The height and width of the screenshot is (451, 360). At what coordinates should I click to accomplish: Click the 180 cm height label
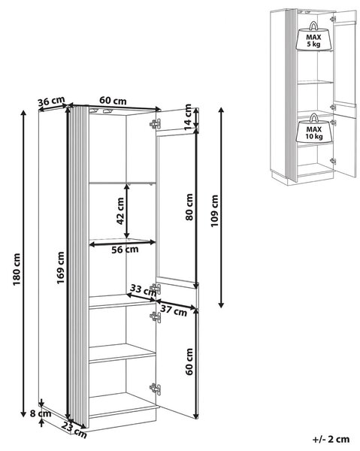(17, 270)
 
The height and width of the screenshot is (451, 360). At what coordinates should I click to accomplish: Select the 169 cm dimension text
(60, 268)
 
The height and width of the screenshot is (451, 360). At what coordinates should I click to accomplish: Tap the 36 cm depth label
(51, 101)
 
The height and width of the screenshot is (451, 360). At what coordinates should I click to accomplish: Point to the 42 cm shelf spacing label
(120, 210)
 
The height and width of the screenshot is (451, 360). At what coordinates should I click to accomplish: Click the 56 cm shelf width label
(125, 250)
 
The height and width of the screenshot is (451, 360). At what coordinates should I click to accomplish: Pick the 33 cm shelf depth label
(143, 290)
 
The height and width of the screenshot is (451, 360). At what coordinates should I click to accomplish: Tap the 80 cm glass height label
(189, 207)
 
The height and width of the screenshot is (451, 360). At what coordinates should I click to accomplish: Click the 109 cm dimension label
(214, 210)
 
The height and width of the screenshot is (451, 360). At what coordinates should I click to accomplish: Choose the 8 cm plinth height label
(41, 414)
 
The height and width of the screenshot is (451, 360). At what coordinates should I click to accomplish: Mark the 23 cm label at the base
(74, 430)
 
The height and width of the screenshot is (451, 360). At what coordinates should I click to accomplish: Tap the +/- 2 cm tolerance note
(331, 439)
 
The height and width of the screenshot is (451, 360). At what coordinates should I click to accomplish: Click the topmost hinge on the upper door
(156, 124)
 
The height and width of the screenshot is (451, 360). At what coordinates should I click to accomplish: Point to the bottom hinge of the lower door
(156, 389)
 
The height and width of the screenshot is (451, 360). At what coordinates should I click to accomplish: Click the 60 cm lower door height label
(189, 362)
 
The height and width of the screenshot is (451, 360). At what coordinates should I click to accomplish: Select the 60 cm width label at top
(113, 101)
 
